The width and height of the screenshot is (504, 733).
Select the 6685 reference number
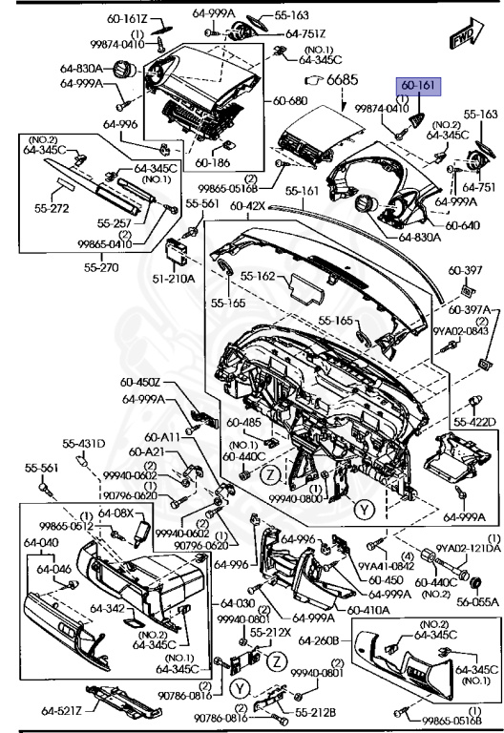click(343, 81)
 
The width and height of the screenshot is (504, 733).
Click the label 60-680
click(291, 101)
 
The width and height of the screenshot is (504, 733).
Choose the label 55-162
click(259, 277)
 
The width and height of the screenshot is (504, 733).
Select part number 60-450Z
click(140, 384)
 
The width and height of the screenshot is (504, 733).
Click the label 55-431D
click(84, 444)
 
